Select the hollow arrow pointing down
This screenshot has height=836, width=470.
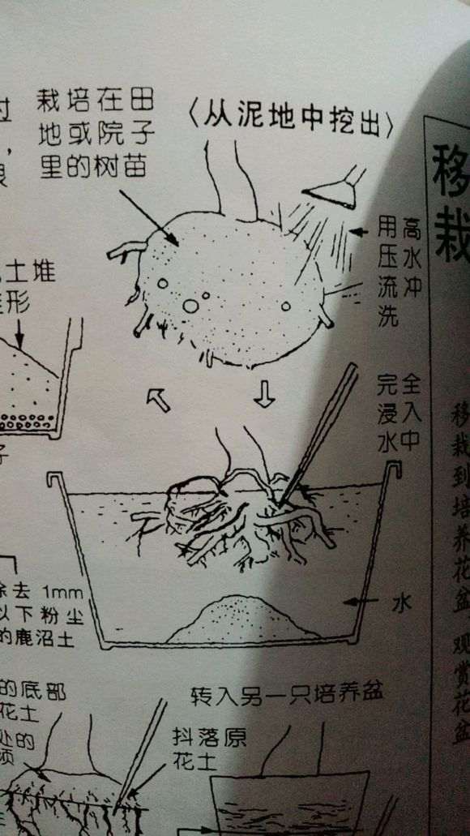(x=264, y=394)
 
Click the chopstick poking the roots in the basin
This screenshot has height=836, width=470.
(x=324, y=430)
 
